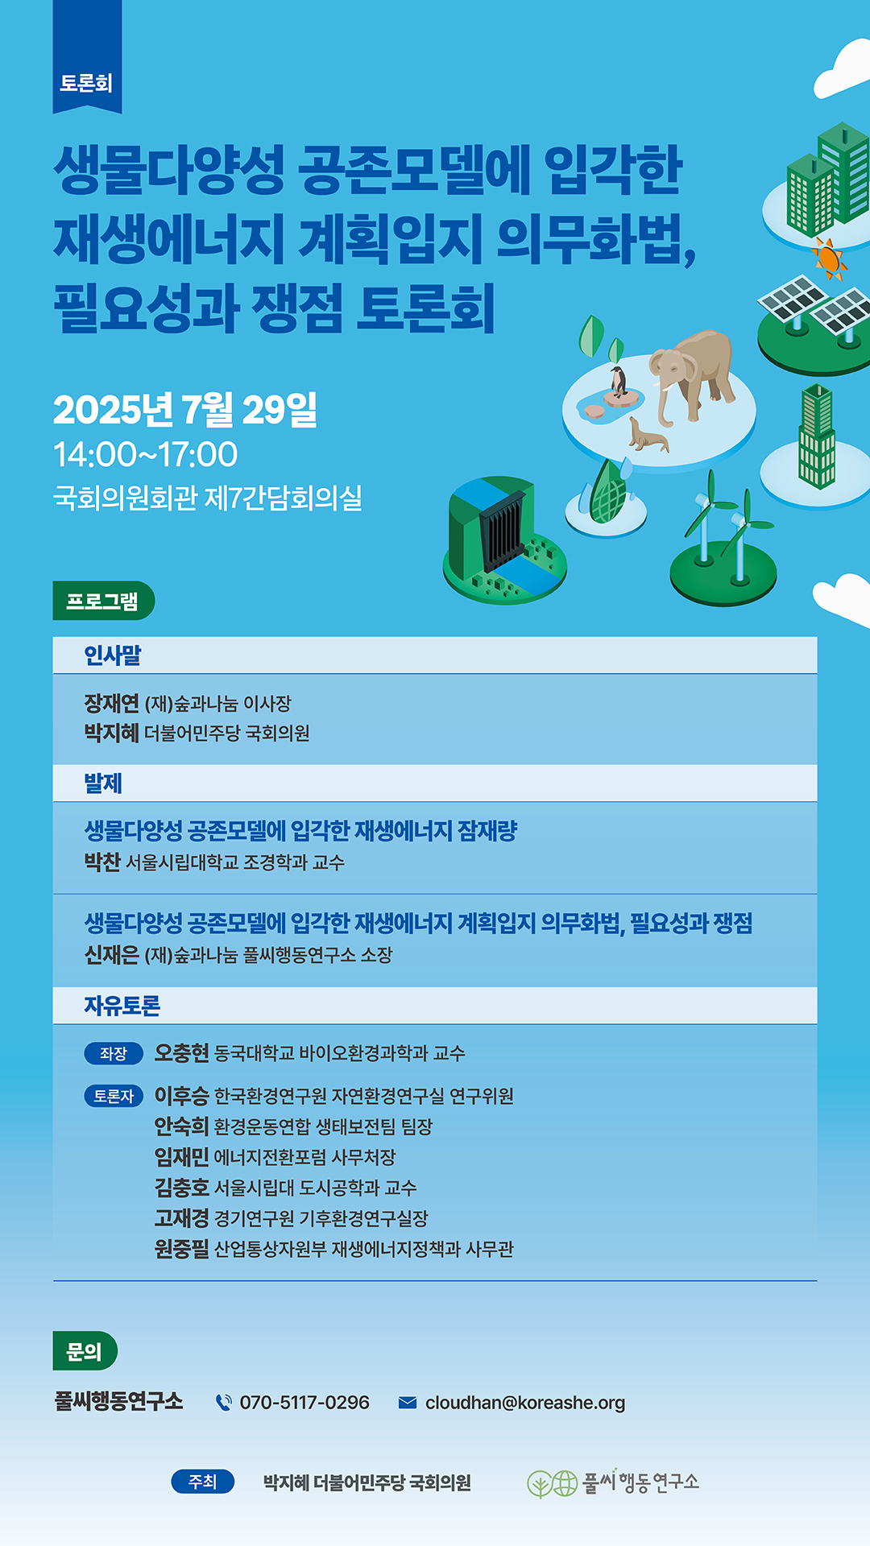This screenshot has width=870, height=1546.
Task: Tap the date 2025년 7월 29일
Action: click(x=185, y=409)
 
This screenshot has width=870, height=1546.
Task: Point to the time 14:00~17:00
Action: click(x=146, y=454)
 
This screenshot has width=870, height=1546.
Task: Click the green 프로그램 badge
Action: click(x=103, y=601)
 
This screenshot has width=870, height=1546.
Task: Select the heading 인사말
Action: click(x=113, y=655)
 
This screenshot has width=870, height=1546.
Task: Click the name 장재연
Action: click(x=112, y=703)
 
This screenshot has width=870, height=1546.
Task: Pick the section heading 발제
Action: click(x=103, y=783)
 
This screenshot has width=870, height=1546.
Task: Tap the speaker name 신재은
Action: click(x=112, y=955)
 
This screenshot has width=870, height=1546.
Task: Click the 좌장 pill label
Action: click(x=114, y=1053)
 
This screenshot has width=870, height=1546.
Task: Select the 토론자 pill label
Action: click(x=114, y=1096)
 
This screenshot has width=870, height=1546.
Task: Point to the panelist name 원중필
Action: click(x=182, y=1249)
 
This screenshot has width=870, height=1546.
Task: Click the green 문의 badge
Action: click(x=85, y=1351)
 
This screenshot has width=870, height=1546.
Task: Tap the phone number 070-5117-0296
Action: click(x=304, y=1403)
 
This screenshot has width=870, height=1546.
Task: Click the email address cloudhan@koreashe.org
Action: click(x=525, y=1403)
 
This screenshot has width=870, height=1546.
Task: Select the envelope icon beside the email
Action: click(x=408, y=1403)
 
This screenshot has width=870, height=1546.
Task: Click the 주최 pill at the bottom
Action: click(x=203, y=1482)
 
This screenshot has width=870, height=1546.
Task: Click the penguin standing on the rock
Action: click(x=619, y=382)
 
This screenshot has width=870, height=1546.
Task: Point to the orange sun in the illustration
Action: click(x=829, y=259)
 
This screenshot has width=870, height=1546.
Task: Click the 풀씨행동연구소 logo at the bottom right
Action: click(x=613, y=1482)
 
